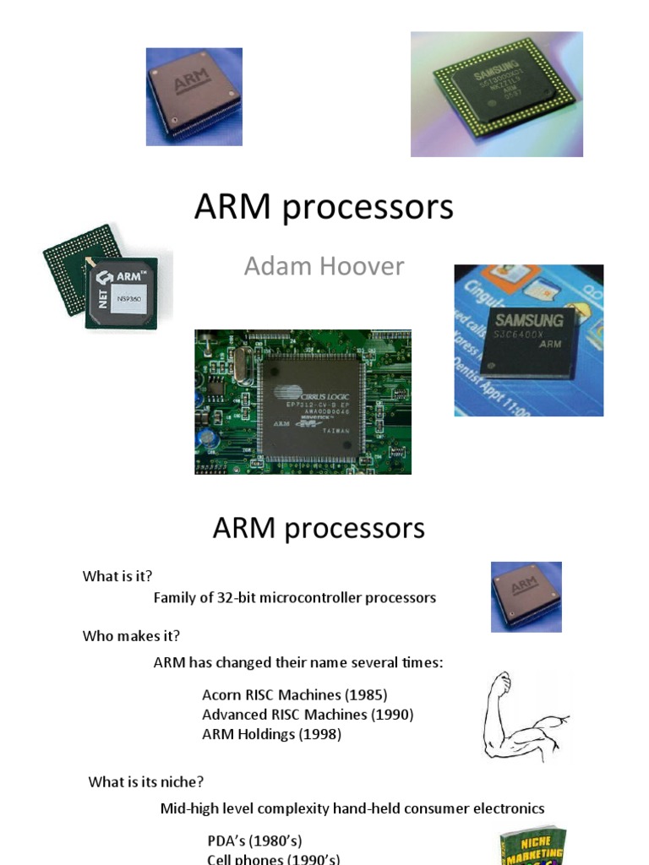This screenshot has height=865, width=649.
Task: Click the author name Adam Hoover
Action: [x=324, y=267]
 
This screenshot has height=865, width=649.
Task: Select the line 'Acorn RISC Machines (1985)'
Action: [x=294, y=695]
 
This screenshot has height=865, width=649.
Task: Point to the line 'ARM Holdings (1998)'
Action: [x=271, y=735]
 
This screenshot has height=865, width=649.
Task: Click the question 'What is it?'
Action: [x=117, y=576]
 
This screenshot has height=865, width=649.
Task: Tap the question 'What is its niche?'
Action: [x=146, y=782]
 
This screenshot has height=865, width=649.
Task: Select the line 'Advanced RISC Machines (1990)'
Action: [x=308, y=715]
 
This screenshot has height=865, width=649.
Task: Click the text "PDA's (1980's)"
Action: [x=254, y=841]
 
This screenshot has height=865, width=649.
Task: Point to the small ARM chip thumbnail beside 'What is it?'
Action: [x=526, y=596]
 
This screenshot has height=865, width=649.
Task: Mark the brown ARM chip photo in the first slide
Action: [x=194, y=96]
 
